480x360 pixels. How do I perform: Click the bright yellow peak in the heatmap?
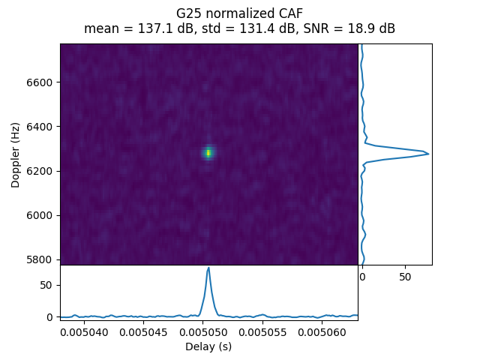(208, 153)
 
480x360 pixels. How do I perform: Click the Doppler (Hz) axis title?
(16, 154)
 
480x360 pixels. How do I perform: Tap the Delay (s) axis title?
(208, 346)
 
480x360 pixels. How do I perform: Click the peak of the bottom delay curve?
(208, 268)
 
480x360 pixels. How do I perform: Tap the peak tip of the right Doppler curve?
(428, 154)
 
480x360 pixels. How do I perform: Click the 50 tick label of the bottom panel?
(47, 285)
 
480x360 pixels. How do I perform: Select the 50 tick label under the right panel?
(405, 277)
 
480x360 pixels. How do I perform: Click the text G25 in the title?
(187, 14)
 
